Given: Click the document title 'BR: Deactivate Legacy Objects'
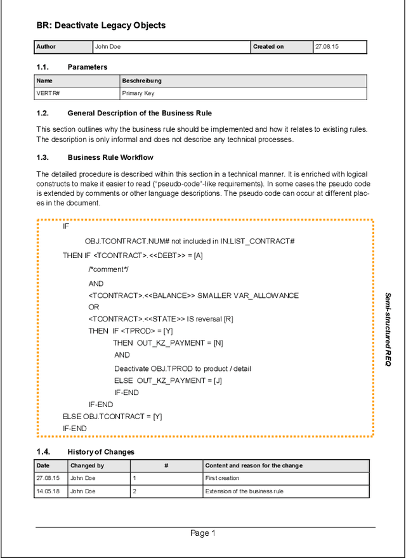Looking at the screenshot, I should tap(101, 25).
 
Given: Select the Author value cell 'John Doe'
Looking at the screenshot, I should tap(107, 47).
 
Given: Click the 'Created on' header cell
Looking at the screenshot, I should tap(268, 47).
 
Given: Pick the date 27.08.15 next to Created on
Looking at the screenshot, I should tap(327, 47).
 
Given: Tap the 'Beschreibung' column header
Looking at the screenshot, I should tap(142, 81).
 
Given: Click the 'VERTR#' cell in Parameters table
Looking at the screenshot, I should tap(48, 93).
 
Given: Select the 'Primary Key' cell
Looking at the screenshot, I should tap(138, 93).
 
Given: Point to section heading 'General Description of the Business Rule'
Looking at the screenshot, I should tap(140, 114).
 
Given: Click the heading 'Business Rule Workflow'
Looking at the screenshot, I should tap(110, 157).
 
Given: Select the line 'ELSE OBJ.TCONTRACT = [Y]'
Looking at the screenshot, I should tap(112, 417).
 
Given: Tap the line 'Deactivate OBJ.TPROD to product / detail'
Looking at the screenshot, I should tap(183, 368).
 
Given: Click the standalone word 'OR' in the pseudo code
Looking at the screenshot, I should tap(94, 307).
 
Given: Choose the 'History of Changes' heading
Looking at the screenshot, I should tap(101, 452).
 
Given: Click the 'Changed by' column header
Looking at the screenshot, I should tap(87, 465).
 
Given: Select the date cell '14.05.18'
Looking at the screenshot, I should tap(48, 491).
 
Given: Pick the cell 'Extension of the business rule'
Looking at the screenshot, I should tap(244, 491).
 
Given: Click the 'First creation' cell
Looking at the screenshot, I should tap(223, 478).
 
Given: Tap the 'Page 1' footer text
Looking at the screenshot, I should tap(203, 533).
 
